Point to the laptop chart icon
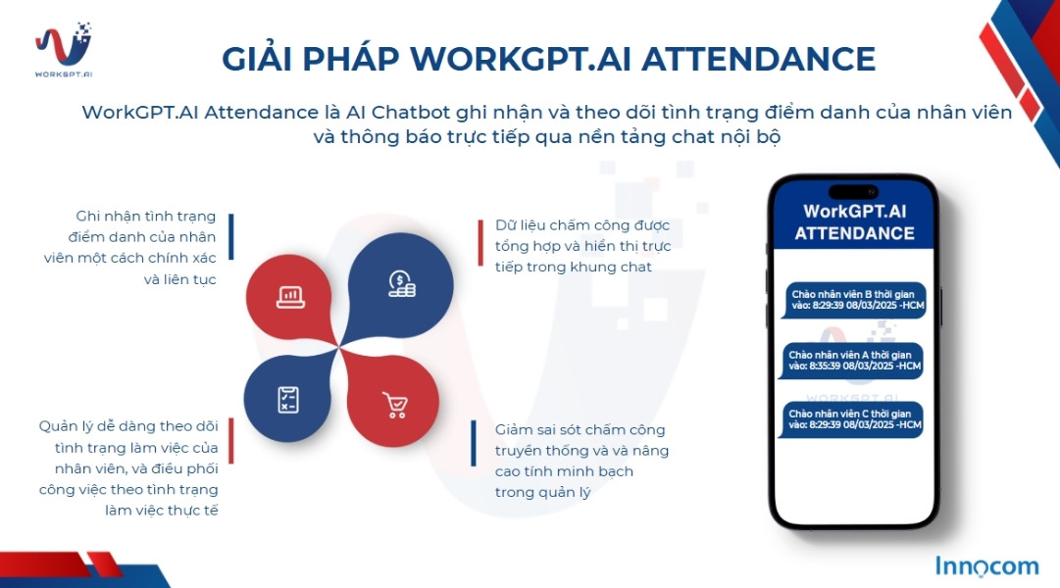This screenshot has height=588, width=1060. (x=290, y=295)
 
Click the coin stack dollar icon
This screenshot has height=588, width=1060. (x=401, y=284)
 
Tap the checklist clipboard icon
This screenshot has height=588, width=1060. (x=287, y=399)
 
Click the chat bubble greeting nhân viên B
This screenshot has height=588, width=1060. (x=853, y=299)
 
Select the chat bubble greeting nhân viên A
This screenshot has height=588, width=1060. (x=853, y=360)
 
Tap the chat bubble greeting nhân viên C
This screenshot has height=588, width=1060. (x=853, y=418)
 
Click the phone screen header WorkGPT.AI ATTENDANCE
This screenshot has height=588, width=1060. (x=854, y=222)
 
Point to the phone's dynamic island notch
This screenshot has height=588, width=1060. (x=853, y=189)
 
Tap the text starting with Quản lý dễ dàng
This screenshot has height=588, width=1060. (x=128, y=468)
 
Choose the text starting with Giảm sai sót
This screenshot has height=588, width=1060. (x=567, y=461)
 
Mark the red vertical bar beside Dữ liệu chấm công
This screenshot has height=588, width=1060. (x=480, y=243)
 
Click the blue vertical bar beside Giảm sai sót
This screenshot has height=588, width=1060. (x=474, y=443)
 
